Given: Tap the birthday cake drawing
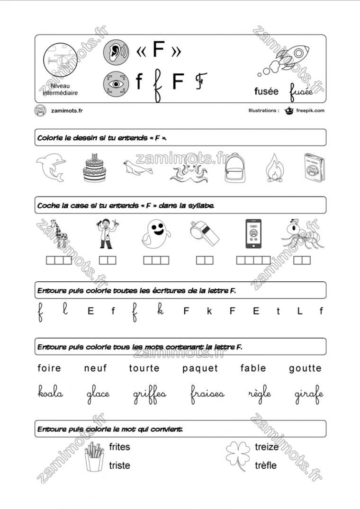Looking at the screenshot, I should pos(93,168).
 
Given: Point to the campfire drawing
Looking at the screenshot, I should pos(274,169).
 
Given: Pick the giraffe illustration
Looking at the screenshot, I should pos(59,233).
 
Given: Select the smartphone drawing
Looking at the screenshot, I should pos(253,233).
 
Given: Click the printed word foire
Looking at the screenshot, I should pos(49,368).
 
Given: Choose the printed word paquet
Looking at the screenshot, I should pos(200,368).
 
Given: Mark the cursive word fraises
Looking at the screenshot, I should pos(207,393).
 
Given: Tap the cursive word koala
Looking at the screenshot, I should pos(50,393).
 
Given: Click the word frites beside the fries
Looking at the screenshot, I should pos(119,446).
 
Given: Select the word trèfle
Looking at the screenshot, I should pos(266,465).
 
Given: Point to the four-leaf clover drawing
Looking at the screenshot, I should pos(238,455).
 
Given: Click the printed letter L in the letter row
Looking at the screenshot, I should pos(300,311).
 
